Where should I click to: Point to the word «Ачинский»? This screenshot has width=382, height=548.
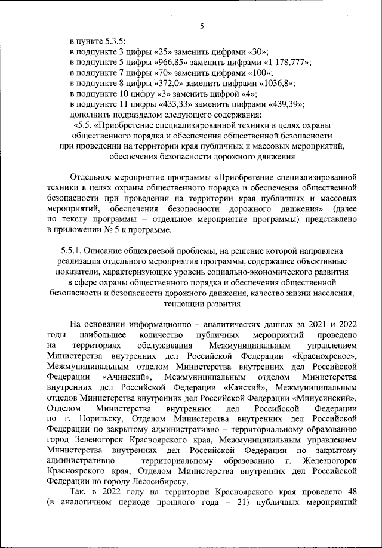pos(128,378)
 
